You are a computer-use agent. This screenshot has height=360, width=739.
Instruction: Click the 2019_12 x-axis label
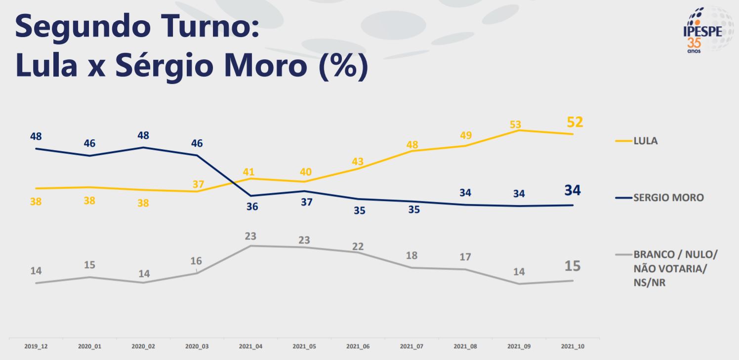tap(36, 347)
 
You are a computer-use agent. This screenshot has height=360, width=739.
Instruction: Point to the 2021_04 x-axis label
tap(250, 347)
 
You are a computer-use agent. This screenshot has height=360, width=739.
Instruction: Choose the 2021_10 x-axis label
tap(573, 347)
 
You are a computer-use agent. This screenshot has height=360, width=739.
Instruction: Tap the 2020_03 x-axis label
tap(197, 347)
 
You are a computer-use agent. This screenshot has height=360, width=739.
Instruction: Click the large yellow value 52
tap(575, 122)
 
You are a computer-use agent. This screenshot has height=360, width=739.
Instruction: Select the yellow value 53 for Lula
tap(516, 124)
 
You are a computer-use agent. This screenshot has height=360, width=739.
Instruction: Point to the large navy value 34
tap(573, 190)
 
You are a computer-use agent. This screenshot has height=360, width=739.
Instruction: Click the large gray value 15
tap(573, 266)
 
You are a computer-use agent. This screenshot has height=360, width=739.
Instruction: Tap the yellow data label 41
tap(248, 172)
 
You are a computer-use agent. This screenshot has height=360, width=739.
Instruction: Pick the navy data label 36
tap(252, 206)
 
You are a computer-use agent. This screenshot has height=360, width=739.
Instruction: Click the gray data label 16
tap(196, 261)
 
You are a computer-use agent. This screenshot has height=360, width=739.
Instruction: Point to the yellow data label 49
tap(465, 135)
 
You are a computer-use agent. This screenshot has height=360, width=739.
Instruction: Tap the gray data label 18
tap(411, 255)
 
